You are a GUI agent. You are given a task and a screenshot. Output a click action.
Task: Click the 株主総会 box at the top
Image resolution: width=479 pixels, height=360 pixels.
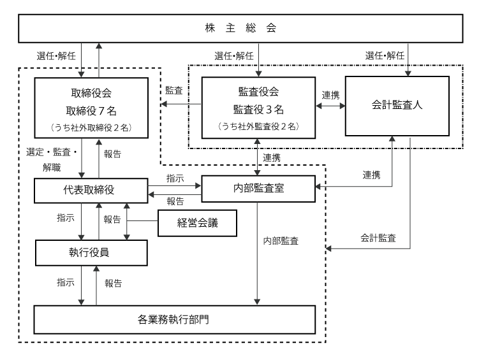(239, 29)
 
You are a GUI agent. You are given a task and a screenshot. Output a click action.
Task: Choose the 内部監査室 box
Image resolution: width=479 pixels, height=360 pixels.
(258, 188)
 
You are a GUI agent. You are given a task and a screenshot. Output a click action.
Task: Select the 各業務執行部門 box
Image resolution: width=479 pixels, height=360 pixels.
(175, 319)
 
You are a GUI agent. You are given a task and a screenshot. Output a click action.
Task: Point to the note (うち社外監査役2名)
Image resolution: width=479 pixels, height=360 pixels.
(258, 126)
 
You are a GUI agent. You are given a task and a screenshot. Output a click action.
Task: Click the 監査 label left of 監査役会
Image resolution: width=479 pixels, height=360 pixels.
(175, 90)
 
